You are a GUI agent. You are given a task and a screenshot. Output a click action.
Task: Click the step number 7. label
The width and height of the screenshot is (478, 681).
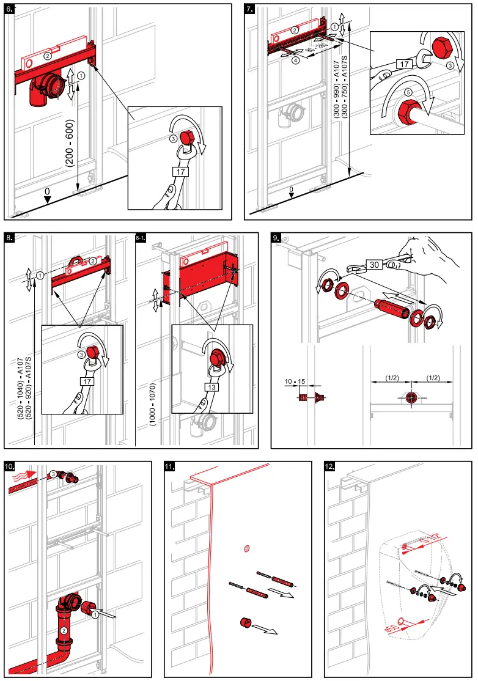click(249, 9)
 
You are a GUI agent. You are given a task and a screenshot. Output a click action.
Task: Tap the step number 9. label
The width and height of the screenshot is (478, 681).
click(276, 237)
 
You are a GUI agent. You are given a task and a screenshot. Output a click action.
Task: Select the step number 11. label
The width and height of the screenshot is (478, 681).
click(170, 467)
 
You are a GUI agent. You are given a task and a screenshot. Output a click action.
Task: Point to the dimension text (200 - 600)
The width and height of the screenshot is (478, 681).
click(69, 142)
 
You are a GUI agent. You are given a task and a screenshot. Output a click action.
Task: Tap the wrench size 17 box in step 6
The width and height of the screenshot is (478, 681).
click(180, 172)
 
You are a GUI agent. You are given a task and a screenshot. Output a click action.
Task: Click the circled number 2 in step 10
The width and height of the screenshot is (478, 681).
click(63, 630)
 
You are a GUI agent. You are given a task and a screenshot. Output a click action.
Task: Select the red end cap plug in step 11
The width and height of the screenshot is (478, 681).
click(247, 622)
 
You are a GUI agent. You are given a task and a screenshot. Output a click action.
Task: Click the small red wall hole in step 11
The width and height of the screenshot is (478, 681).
click(246, 548)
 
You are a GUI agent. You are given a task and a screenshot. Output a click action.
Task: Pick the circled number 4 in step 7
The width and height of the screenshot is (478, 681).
click(295, 61)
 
